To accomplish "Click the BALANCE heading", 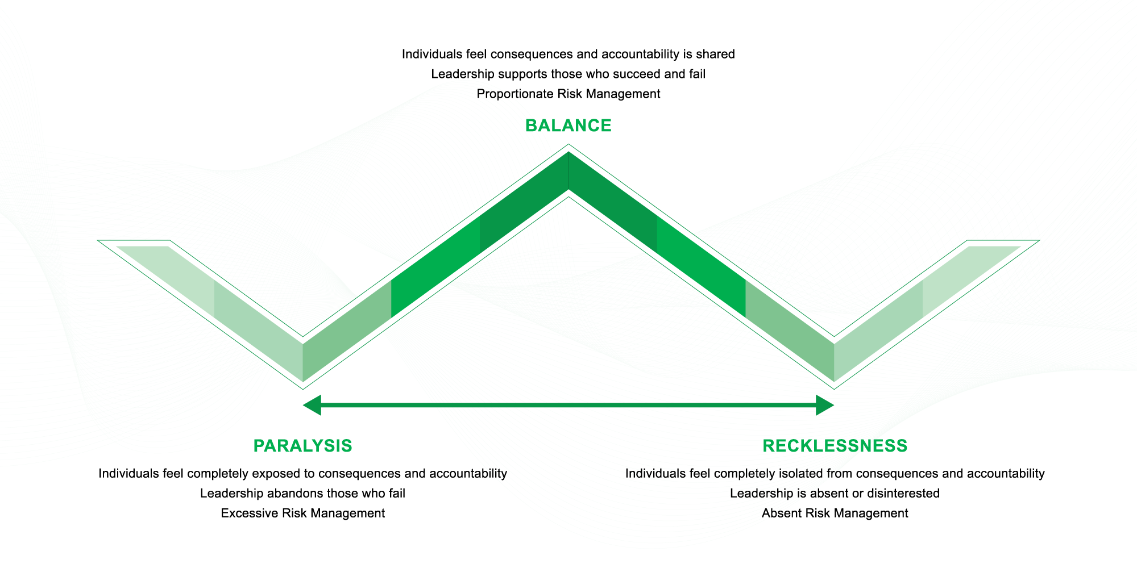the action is pyautogui.click(x=568, y=126).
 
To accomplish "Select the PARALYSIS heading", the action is pyautogui.click(x=303, y=446).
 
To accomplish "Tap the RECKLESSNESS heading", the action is pyautogui.click(x=835, y=446).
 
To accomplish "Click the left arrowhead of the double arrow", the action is pyautogui.click(x=312, y=406).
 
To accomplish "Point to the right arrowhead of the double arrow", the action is pyautogui.click(x=825, y=406).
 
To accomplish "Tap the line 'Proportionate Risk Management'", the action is pyautogui.click(x=568, y=94).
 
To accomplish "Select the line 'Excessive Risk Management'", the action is pyautogui.click(x=303, y=513).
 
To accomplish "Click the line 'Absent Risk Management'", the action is pyautogui.click(x=835, y=513).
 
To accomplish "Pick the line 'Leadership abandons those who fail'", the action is pyautogui.click(x=303, y=494).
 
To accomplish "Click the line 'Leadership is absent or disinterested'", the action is pyautogui.click(x=835, y=494).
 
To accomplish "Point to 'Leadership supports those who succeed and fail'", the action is pyautogui.click(x=568, y=74).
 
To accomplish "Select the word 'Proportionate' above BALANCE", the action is pyautogui.click(x=514, y=94).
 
